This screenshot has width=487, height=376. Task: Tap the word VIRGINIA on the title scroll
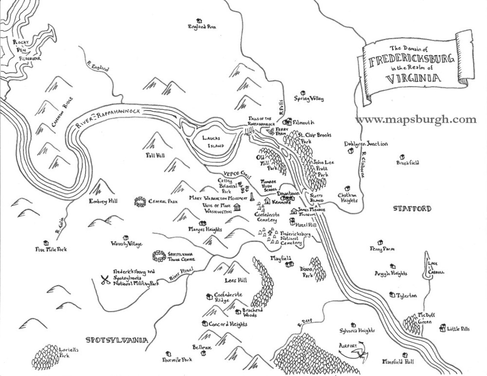click(413, 79)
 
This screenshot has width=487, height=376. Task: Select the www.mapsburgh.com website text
click(416, 120)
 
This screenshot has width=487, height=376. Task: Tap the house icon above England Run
click(199, 20)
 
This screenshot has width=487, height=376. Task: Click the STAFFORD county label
click(412, 209)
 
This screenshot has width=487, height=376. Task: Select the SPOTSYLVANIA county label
click(117, 340)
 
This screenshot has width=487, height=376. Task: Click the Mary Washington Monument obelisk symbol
click(252, 197)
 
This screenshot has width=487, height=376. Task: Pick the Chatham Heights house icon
click(347, 188)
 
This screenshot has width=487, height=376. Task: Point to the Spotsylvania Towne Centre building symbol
click(159, 256)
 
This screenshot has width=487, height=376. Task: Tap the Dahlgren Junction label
click(366, 144)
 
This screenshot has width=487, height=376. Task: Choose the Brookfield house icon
click(401, 157)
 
